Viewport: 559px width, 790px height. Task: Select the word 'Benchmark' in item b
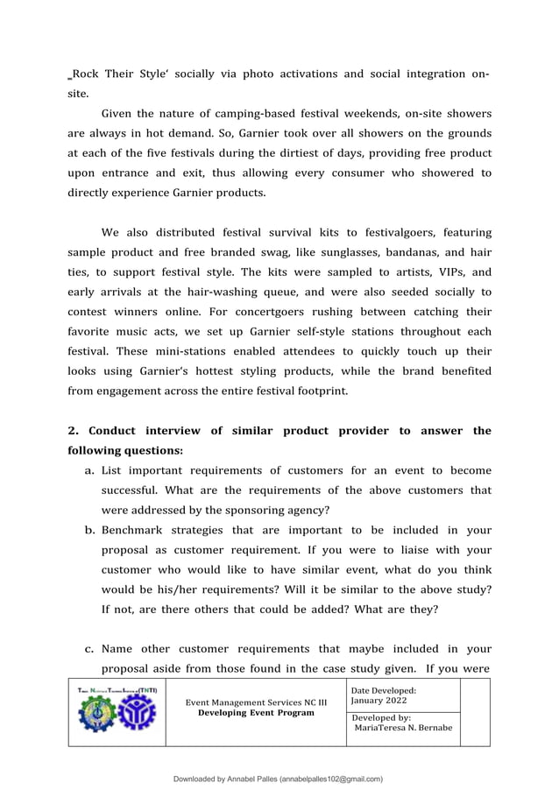pos(136,531)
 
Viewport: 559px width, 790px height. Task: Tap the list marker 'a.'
pos(89,471)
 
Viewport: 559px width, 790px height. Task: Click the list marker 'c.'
pos(89,649)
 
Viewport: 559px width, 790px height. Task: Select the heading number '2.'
pos(74,431)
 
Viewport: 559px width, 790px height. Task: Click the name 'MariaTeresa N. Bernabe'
pos(403,728)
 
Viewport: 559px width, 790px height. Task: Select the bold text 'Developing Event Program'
pos(256,713)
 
